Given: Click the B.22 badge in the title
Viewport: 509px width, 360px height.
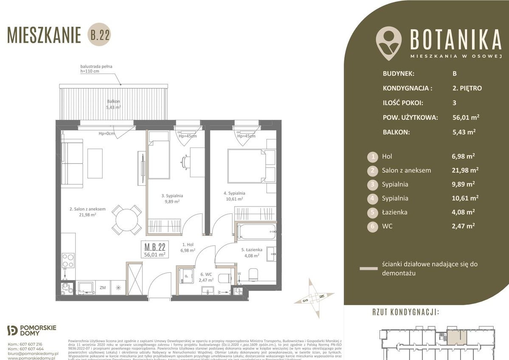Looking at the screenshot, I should point(99,36).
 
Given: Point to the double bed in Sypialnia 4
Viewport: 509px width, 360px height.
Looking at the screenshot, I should point(246,164).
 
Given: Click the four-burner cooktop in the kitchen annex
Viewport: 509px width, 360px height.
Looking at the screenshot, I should point(68,260).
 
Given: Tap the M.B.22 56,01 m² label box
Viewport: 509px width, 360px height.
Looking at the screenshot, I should point(155,249).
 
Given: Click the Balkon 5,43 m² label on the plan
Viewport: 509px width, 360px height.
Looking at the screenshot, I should point(113,105).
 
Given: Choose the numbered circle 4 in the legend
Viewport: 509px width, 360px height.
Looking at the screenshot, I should point(373,198).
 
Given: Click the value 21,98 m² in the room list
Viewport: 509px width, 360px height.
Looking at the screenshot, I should point(465,170).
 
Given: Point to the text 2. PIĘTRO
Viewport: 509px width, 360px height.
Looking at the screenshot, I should point(467,88).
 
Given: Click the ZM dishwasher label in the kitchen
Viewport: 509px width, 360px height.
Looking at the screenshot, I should point(102,288).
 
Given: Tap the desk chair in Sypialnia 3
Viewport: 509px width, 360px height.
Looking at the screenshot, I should point(186,161).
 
